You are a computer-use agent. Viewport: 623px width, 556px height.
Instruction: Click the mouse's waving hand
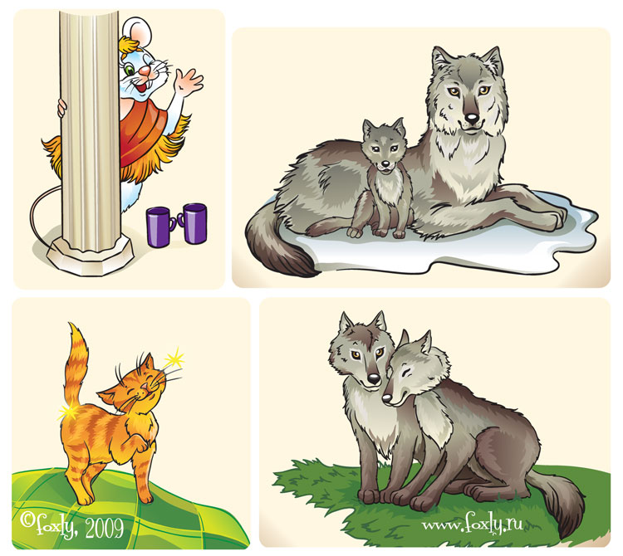coord(189,81)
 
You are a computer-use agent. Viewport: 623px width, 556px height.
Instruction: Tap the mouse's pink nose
coord(145,71)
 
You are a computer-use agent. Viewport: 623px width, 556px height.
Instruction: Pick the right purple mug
coord(194,223)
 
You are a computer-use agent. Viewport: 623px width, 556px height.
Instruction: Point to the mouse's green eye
coord(130,71)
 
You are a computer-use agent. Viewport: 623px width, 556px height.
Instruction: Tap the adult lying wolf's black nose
coord(472,118)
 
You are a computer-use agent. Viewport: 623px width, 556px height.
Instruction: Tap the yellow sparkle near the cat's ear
coord(174,360)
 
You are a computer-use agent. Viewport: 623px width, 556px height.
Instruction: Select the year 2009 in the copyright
coord(104,529)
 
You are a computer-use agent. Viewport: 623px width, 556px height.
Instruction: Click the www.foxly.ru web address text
coord(472,524)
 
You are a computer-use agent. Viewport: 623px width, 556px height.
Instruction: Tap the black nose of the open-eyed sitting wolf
coord(374,379)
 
